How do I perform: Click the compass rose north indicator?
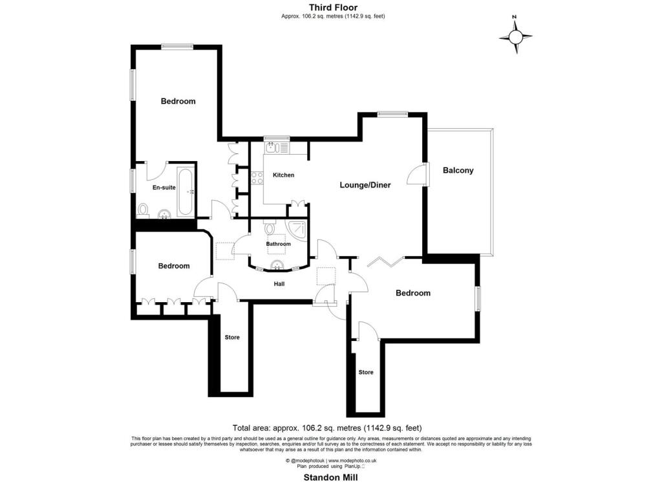click(x=516, y=36)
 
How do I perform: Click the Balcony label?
click(x=458, y=171)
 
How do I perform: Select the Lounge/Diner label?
click(x=365, y=185)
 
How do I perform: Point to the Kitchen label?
click(x=283, y=175)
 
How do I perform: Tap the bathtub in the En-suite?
click(x=186, y=192)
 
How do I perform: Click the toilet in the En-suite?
click(x=143, y=210)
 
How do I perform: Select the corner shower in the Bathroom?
click(x=299, y=229)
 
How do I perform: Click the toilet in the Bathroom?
click(x=270, y=228)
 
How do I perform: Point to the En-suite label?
click(x=164, y=188)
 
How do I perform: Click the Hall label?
click(x=279, y=283)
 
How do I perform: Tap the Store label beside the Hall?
click(x=232, y=337)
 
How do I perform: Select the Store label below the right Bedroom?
click(x=366, y=372)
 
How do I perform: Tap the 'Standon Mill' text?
click(x=331, y=477)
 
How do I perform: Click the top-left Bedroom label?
click(x=178, y=101)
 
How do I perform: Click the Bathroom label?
click(x=279, y=244)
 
